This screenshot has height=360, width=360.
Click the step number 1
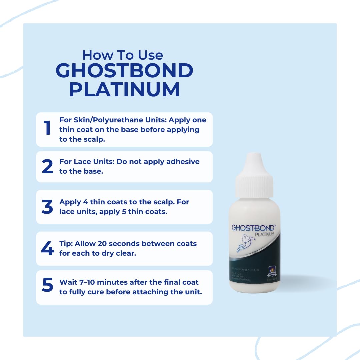click(x=47, y=128)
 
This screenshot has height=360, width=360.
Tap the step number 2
click(x=47, y=167)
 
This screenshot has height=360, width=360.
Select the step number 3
click(x=47, y=207)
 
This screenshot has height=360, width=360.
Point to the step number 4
click(x=47, y=248)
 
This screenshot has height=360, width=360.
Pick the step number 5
click(x=47, y=286)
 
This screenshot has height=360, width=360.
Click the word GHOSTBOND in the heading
click(x=124, y=71)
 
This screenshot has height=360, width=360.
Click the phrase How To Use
click(x=123, y=55)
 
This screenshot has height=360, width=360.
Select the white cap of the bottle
click(x=254, y=182)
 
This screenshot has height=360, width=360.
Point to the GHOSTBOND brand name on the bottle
click(x=253, y=228)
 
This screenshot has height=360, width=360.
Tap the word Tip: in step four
click(x=66, y=244)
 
